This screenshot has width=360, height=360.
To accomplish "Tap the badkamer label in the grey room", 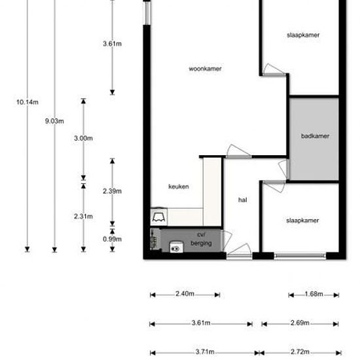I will click(x=315, y=136).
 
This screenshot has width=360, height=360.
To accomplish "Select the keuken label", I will click(x=179, y=187).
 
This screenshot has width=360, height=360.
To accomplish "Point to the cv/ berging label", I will click(x=201, y=239).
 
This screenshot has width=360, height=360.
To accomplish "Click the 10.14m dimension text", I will click(x=27, y=102).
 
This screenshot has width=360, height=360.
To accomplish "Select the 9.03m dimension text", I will click(x=55, y=120).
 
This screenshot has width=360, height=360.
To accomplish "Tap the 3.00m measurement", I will click(x=83, y=138).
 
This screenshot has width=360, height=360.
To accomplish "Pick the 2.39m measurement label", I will click(x=112, y=191).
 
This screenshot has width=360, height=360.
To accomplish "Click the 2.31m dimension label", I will click(x=83, y=216).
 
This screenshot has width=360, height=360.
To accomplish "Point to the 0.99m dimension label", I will click(x=112, y=239).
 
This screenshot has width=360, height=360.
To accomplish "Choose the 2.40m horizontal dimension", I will click(x=185, y=294).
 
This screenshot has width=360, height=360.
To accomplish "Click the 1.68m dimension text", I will click(x=314, y=294).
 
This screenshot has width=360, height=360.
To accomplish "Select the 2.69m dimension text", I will click(x=300, y=323).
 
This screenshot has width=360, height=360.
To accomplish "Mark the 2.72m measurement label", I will click(x=300, y=351).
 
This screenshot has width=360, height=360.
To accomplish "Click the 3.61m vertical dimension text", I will click(x=112, y=44).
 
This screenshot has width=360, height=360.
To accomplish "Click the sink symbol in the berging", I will click(x=175, y=247).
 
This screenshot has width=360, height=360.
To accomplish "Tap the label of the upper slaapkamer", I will click(x=302, y=35).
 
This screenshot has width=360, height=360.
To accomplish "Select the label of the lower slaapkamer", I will click(x=302, y=221).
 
